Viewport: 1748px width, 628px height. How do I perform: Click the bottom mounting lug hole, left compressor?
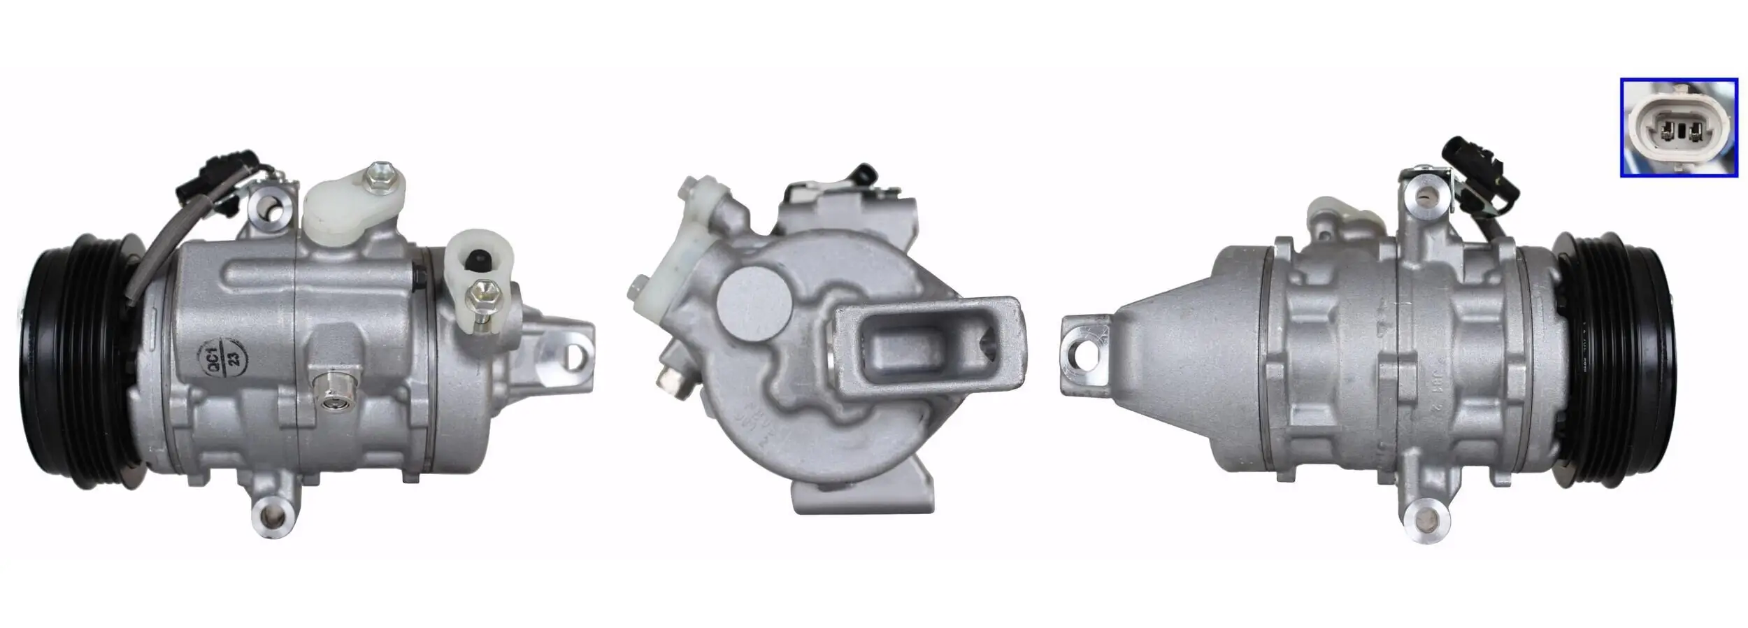point(275,516)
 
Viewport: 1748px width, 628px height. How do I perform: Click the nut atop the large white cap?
point(381,175)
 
